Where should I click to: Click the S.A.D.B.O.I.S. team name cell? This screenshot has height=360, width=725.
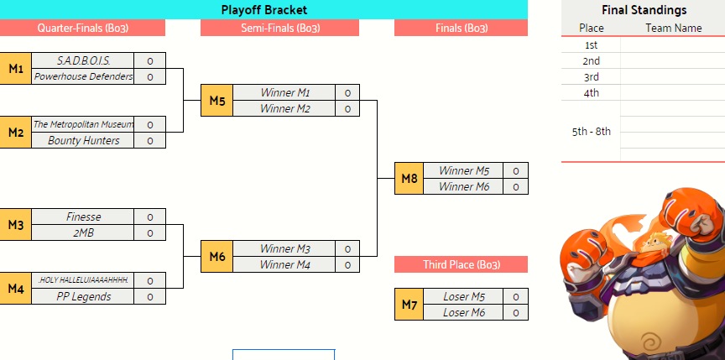click(83, 60)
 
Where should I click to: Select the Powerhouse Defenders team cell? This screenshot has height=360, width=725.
click(83, 76)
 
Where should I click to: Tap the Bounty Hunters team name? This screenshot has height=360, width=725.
click(83, 140)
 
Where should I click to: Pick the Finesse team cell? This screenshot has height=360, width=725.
click(83, 217)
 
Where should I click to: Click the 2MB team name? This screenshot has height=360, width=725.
click(83, 232)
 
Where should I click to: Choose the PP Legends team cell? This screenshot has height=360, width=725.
click(83, 296)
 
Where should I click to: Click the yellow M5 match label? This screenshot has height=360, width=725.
click(216, 101)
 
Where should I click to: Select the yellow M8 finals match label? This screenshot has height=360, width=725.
click(409, 179)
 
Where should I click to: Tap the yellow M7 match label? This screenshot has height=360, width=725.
click(409, 304)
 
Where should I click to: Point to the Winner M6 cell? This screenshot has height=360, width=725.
click(463, 186)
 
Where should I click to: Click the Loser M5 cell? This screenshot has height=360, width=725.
click(463, 296)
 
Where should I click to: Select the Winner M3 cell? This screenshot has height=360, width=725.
click(284, 248)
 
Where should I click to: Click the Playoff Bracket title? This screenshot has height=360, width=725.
click(264, 10)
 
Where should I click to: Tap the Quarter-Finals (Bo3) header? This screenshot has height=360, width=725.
click(83, 29)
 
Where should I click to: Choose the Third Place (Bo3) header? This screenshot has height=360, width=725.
click(461, 265)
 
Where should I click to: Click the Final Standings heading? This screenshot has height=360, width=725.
click(644, 10)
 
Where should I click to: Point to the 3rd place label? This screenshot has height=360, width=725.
click(592, 76)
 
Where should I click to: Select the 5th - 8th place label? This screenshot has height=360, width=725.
click(592, 132)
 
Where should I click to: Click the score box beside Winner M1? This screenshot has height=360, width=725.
click(347, 92)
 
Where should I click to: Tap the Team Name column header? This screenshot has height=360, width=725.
click(674, 29)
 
